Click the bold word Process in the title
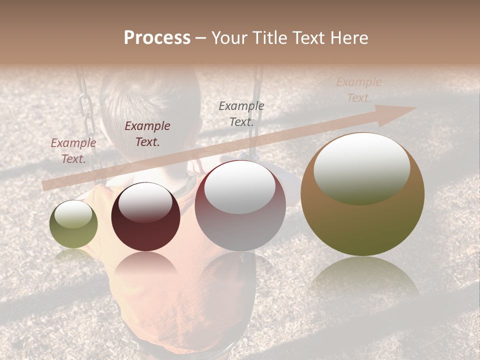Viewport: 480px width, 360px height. pos(157,38)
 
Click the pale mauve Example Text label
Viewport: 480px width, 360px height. pos(73,150)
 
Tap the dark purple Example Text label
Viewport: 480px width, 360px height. pos(147,133)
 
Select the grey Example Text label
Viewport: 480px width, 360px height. pos(241,113)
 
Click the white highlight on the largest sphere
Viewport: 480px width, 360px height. pos(361,168)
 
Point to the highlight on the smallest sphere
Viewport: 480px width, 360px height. pos(73,214)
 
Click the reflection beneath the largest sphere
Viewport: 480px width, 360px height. pos(364,277)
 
